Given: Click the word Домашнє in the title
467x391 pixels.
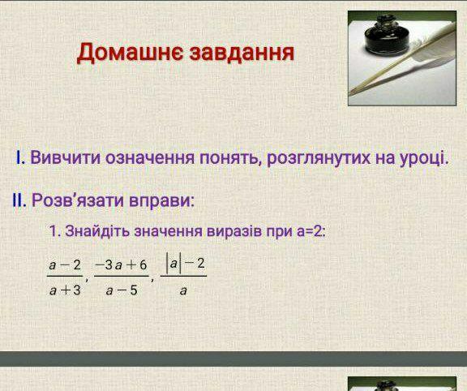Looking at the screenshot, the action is [x=130, y=53].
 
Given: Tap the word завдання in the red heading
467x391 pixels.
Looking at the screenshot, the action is [x=242, y=53].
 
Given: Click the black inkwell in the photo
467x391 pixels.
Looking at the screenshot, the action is [x=386, y=35].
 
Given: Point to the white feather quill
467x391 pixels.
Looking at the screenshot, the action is [x=406, y=59].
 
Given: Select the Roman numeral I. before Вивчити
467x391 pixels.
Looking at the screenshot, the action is [x=20, y=157].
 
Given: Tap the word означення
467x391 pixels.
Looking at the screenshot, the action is [x=150, y=158].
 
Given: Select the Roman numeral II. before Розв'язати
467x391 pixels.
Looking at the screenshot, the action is [x=19, y=200].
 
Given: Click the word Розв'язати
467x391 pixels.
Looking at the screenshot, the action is [x=78, y=200].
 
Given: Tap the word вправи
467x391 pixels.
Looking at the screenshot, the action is [x=161, y=200].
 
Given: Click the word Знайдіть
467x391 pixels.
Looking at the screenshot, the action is [x=97, y=230].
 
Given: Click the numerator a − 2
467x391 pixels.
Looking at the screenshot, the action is [x=65, y=264].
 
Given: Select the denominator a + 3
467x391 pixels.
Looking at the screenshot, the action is [x=65, y=290].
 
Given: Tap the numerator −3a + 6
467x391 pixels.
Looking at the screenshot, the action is [x=122, y=264].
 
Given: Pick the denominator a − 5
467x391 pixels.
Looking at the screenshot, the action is [x=122, y=290].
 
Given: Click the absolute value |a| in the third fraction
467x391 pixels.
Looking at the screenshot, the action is [x=174, y=264].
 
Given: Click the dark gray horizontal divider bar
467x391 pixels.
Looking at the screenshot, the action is [x=233, y=359].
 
